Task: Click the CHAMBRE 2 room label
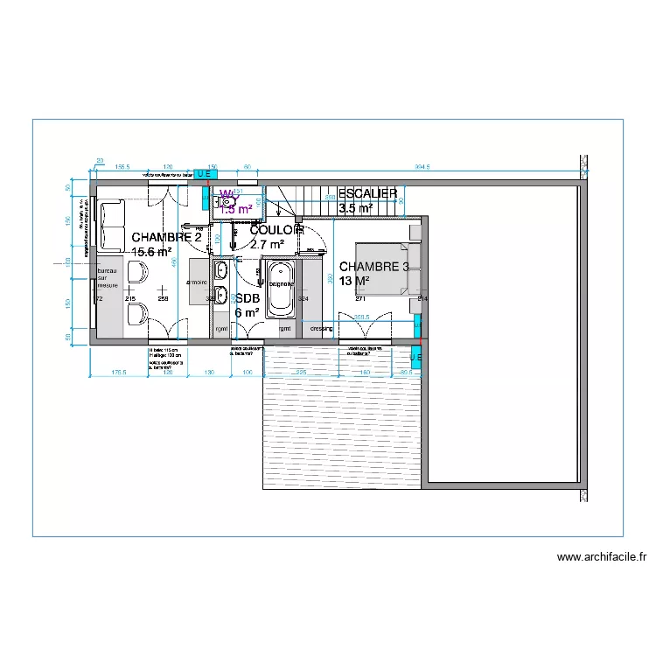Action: (166, 237)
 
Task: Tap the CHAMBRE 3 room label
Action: (374, 267)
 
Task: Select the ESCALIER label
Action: (368, 193)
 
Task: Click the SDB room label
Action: (248, 298)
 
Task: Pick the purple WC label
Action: (226, 194)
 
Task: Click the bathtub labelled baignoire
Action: (281, 288)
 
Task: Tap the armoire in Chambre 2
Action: (197, 283)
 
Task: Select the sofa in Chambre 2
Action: (111, 225)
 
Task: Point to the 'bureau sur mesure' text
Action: (107, 274)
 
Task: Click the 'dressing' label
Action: (322, 329)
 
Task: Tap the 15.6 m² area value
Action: (150, 252)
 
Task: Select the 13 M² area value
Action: (355, 281)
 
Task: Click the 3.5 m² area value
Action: (355, 208)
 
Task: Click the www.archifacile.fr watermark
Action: (601, 556)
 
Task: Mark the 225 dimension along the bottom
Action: (300, 373)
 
